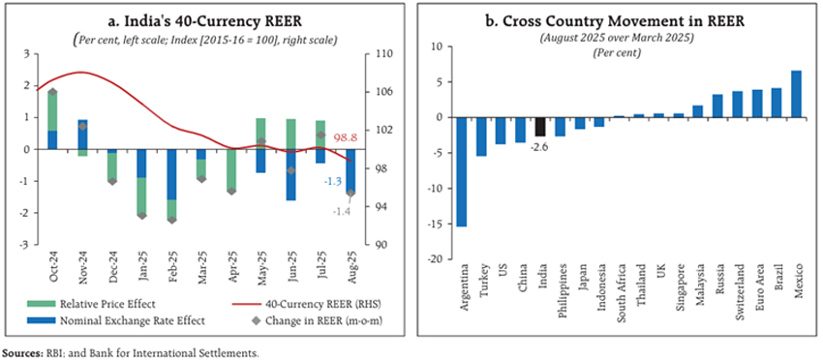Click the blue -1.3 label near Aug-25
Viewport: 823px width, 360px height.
[x=332, y=181]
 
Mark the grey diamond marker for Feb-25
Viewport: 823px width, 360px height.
[x=171, y=220]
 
